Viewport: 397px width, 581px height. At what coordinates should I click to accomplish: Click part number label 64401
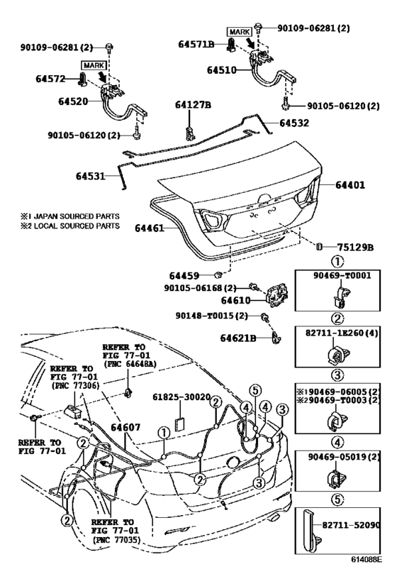[x=350, y=184]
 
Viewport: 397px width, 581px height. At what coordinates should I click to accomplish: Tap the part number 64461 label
[x=150, y=228]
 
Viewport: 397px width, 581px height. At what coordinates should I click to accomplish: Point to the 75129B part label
[x=355, y=247]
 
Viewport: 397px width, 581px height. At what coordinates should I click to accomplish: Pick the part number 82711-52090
[x=351, y=525]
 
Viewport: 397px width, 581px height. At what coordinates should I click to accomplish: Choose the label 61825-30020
[x=181, y=397]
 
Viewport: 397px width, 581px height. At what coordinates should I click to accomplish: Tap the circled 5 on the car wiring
[x=255, y=390]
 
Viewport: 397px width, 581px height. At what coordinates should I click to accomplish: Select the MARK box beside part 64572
[x=94, y=65]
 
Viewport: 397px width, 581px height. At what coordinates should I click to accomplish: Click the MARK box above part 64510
[x=239, y=32]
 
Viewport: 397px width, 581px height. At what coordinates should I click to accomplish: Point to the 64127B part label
[x=193, y=105]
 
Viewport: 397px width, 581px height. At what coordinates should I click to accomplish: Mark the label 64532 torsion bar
[x=294, y=123]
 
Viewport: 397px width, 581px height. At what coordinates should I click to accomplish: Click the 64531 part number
[x=91, y=176]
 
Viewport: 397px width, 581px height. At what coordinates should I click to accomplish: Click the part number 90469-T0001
[x=342, y=275]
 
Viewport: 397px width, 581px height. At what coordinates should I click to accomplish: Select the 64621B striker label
[x=238, y=338]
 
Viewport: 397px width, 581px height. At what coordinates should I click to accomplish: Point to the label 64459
[x=184, y=276]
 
